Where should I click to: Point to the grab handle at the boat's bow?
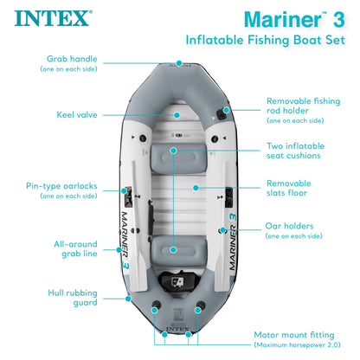pos(179,63)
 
